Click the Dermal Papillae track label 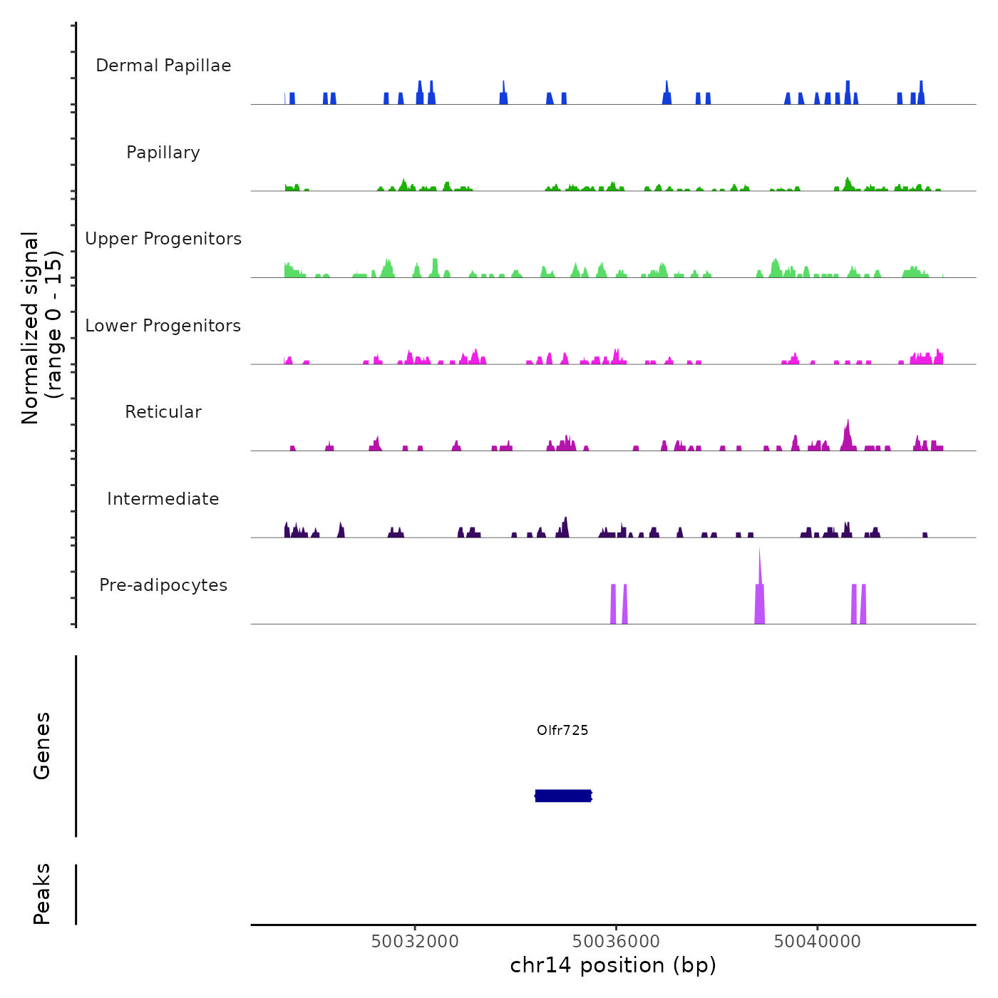(163, 66)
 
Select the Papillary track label (163, 153)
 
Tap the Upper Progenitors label (163, 239)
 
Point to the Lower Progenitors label (163, 326)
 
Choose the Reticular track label (163, 412)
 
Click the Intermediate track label (163, 499)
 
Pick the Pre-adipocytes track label (163, 585)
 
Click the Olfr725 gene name (562, 730)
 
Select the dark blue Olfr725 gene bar (563, 796)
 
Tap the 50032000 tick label (415, 942)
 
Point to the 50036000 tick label (616, 942)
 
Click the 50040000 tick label (817, 942)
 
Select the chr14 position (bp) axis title (613, 965)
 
